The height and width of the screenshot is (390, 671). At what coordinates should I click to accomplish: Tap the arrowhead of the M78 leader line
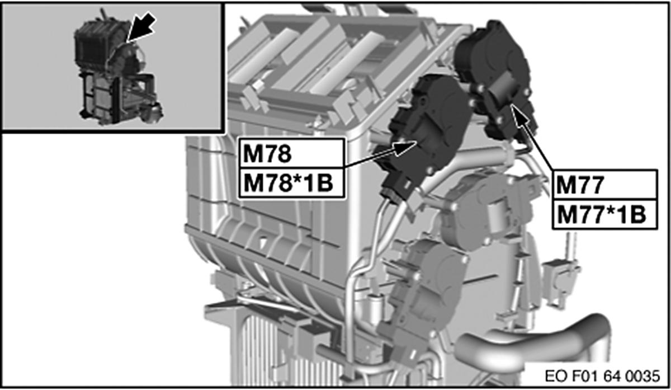(411, 147)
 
